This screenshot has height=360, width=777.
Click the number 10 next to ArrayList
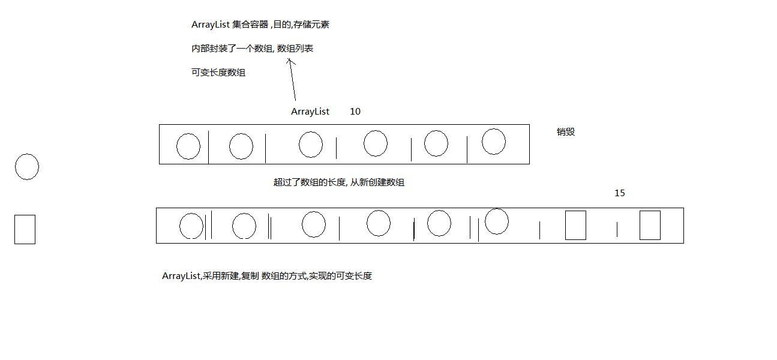click(x=355, y=112)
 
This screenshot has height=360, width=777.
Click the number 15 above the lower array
click(x=620, y=193)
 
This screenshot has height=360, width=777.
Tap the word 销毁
click(x=566, y=132)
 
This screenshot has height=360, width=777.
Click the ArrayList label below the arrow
click(x=310, y=112)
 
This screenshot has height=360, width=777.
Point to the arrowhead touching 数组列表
click(x=290, y=59)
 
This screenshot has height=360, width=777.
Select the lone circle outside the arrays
click(x=27, y=167)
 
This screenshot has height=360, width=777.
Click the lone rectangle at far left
click(x=25, y=229)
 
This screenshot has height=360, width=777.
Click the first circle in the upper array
click(x=188, y=146)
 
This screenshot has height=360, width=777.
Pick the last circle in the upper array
click(x=494, y=142)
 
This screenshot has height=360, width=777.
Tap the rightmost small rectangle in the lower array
click(x=650, y=225)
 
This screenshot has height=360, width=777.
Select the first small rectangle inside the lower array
click(x=575, y=225)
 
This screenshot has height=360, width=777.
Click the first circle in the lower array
click(x=191, y=226)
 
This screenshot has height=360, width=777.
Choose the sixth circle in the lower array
click(x=497, y=221)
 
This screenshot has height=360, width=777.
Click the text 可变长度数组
click(x=218, y=73)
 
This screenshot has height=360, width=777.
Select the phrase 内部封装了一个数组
click(x=232, y=49)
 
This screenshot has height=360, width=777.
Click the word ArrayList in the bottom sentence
click(x=181, y=276)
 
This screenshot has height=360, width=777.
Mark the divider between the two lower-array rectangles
click(x=617, y=229)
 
